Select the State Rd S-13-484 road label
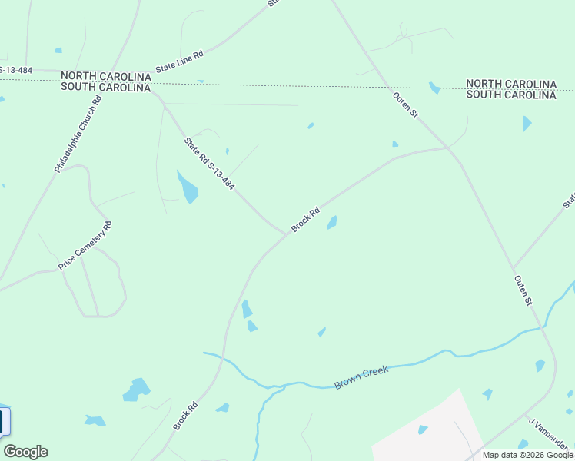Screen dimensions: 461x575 pos(209,164)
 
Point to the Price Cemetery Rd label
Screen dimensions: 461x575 pos(85,246)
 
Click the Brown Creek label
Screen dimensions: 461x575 pos(361,377)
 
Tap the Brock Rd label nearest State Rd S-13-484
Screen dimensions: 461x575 pos(305,221)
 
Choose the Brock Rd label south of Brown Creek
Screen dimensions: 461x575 pos(185,416)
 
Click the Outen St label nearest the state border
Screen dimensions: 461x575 pos(404,104)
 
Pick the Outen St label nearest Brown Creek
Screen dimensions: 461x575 pos(523,290)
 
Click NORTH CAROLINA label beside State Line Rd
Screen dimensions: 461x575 pos(105,75)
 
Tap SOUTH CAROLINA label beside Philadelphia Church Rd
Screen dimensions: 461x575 pos(105,88)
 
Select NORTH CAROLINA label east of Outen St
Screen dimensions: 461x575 pos(511,83)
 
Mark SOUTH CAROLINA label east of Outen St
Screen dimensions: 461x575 pos(511,95)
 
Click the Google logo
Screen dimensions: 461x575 pos(25,451)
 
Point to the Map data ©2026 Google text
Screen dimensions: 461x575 pos(527,455)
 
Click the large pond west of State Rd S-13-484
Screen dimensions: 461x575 pos(187,187)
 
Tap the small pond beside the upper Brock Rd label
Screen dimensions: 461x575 pos(332,223)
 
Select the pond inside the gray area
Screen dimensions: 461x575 pos(423,429)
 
